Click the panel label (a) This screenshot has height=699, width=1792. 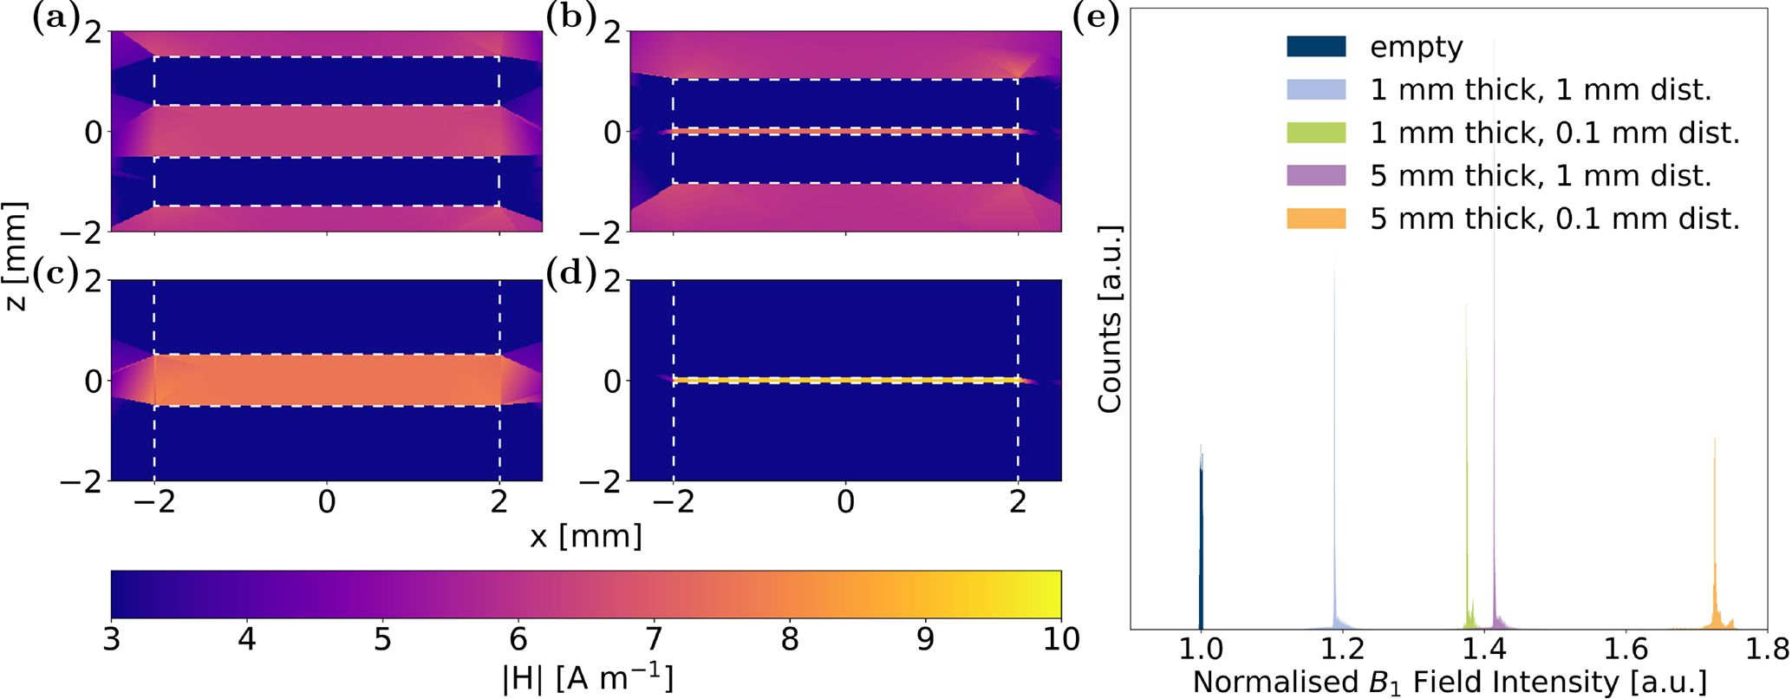(x=55, y=18)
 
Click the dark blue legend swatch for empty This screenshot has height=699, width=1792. (x=1316, y=47)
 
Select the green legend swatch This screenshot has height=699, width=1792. (x=1316, y=133)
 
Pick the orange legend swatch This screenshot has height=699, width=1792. (x=1316, y=219)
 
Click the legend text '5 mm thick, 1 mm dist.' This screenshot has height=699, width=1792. (x=1541, y=176)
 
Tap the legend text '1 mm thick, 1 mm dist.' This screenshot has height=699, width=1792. (x=1541, y=90)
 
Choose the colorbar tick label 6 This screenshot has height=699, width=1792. (x=518, y=640)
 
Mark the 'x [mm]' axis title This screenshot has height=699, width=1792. (x=586, y=536)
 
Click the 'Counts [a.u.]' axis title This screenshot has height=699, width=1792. (x=1110, y=319)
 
